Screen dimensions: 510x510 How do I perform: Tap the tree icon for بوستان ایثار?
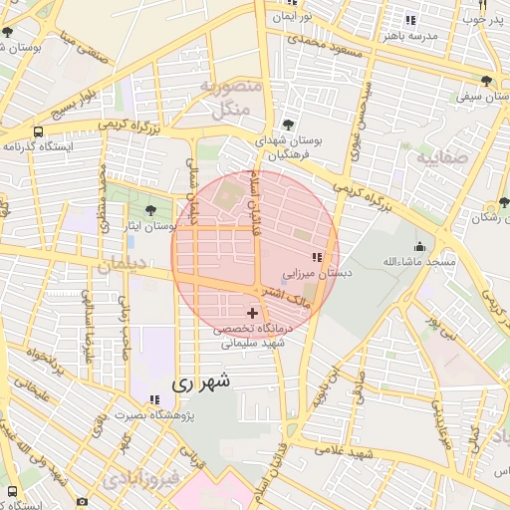[150, 210]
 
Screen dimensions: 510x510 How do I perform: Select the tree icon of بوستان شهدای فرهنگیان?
[288, 125]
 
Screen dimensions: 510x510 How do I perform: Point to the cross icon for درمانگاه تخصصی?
[251, 313]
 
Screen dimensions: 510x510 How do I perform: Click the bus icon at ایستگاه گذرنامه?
[38, 130]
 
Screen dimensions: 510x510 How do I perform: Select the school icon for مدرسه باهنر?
[411, 20]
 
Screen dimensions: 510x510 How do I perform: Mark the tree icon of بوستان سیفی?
[486, 81]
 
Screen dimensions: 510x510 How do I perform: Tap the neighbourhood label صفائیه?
[439, 158]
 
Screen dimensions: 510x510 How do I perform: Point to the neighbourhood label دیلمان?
[123, 265]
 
